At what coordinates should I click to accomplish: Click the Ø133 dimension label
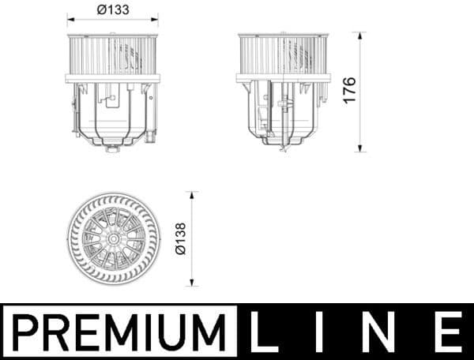pyautogui.click(x=112, y=9)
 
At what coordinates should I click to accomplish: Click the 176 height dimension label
pyautogui.click(x=350, y=91)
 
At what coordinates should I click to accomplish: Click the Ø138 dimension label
pyautogui.click(x=180, y=238)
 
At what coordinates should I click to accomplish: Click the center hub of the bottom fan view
pyautogui.click(x=114, y=238)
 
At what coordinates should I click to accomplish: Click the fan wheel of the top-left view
pyautogui.click(x=112, y=55)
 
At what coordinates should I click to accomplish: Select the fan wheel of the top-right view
pyautogui.click(x=282, y=55)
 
